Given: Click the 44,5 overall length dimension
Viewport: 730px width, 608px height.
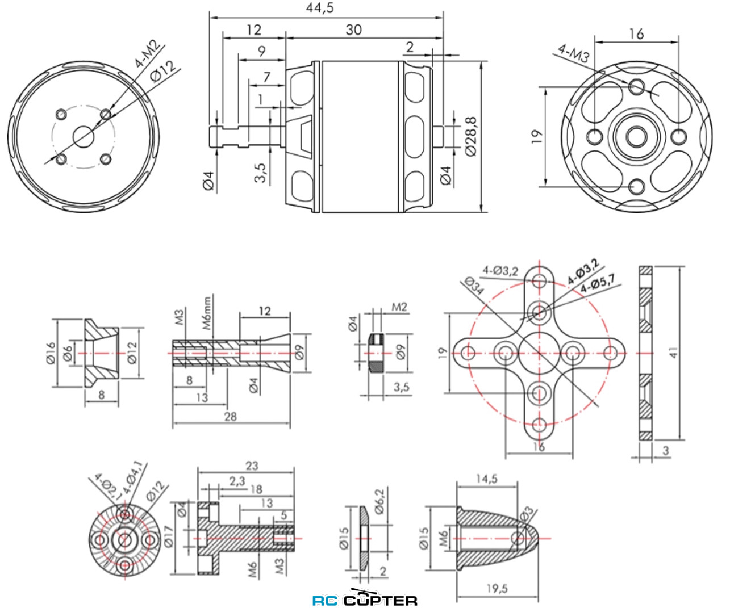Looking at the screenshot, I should click(320, 8).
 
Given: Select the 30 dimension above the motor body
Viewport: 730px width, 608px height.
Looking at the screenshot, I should click(353, 30).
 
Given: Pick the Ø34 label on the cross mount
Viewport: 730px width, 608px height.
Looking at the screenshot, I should click(474, 285).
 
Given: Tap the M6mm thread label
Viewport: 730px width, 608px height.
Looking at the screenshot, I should click(207, 313).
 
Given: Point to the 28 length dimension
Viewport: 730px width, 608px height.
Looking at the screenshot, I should click(230, 417).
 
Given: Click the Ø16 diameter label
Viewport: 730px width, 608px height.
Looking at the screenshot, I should click(51, 353).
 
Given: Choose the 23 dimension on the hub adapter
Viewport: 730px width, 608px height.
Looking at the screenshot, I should click(252, 466).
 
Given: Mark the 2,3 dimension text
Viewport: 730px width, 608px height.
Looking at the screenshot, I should click(237, 481).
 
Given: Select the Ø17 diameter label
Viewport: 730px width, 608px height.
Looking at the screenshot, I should click(169, 536).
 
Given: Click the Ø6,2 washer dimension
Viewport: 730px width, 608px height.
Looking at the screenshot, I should click(379, 501).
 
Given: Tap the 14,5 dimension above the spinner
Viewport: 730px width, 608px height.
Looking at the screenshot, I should click(486, 479).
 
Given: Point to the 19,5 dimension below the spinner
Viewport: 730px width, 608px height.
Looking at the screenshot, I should click(497, 589).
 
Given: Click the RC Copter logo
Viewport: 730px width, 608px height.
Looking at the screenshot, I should click(365, 599).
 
